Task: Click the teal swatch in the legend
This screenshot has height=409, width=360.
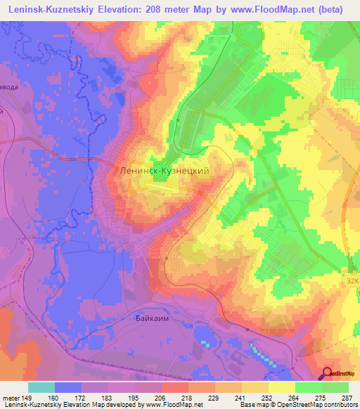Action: [41, 387]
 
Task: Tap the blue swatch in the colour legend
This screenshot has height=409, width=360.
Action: [68, 387]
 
